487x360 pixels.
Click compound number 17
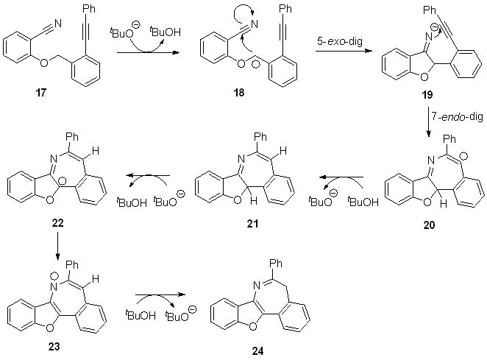[41, 92]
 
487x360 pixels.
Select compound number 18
[239, 92]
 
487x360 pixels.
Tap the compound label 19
[427, 94]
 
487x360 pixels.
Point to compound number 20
[429, 225]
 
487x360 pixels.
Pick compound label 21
[252, 223]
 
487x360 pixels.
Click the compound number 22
[58, 223]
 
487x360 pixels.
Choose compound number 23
[54, 346]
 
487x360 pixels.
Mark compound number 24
[257, 351]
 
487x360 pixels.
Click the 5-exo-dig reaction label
[339, 41]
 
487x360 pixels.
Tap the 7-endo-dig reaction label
[457, 116]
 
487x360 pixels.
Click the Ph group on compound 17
[88, 8]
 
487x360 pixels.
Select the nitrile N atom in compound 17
[58, 24]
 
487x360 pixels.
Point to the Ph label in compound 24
[276, 264]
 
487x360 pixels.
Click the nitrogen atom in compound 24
[256, 284]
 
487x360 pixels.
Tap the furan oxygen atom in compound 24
[253, 326]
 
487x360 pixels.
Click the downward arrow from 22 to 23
[57, 245]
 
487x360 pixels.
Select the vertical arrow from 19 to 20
[429, 122]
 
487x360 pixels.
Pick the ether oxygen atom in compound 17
[44, 63]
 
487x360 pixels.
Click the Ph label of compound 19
[430, 10]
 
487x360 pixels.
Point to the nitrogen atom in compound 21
[241, 158]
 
